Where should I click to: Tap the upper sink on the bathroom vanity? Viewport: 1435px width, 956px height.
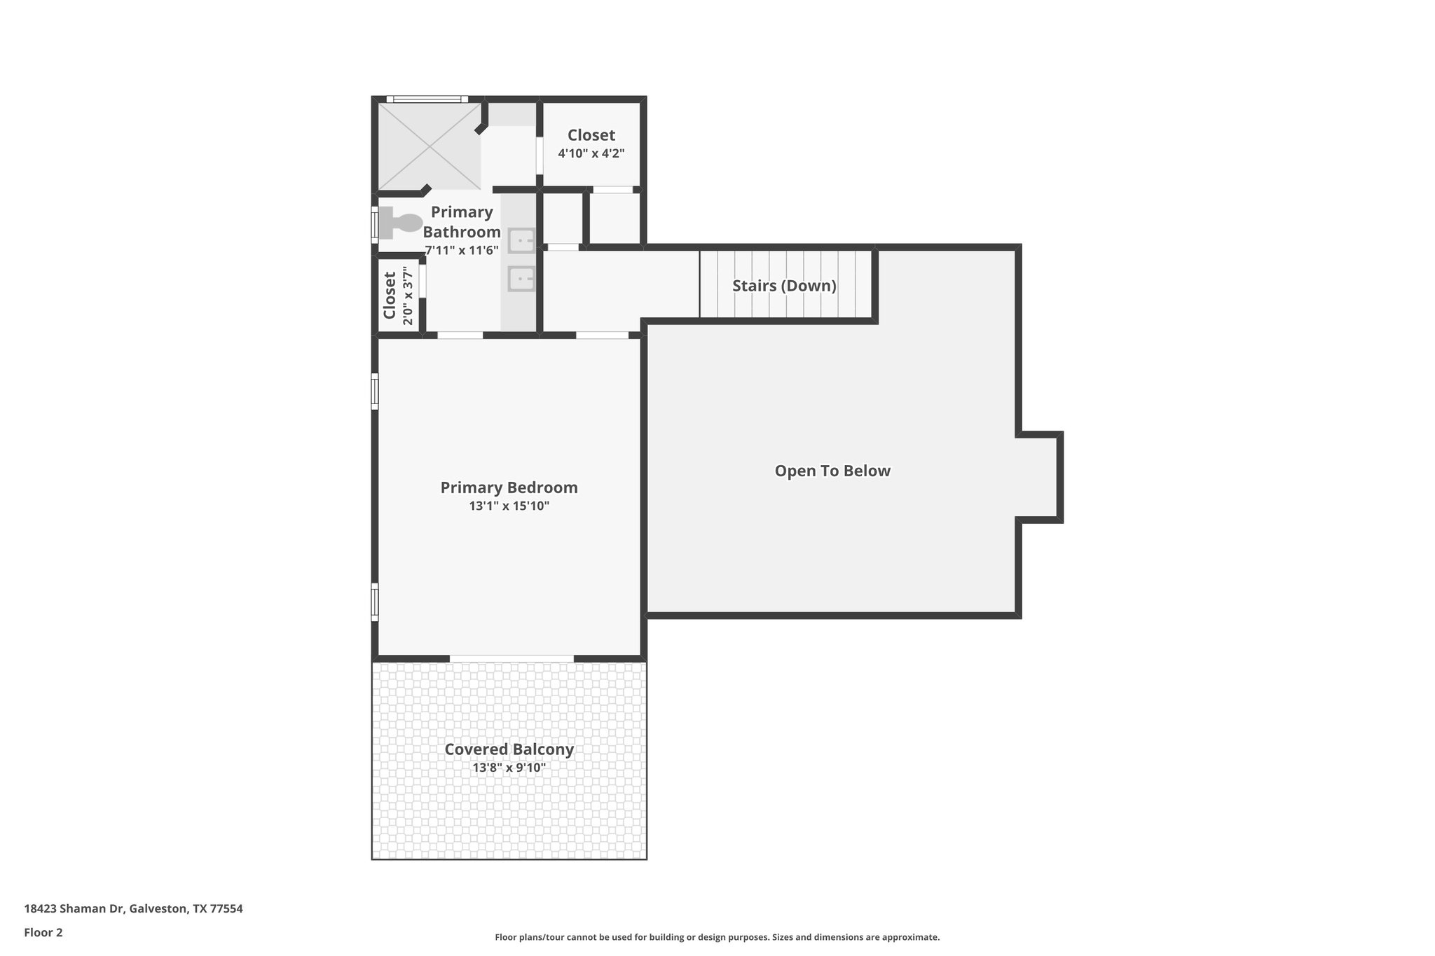(x=521, y=240)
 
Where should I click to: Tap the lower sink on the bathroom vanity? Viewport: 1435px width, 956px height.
(x=521, y=279)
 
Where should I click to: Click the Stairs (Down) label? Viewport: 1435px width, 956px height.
(x=784, y=286)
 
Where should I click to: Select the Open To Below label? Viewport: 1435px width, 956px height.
(x=832, y=471)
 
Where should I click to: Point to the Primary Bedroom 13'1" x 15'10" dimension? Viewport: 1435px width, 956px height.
(x=509, y=506)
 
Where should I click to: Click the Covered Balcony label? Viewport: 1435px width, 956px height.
(x=509, y=749)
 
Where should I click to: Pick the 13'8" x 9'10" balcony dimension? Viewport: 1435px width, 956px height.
(x=509, y=768)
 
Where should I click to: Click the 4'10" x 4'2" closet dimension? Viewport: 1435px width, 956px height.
(x=591, y=153)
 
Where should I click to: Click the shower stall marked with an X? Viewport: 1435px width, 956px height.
(x=430, y=146)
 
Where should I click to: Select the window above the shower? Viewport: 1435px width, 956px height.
(x=427, y=99)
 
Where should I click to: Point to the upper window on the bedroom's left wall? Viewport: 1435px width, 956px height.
(x=375, y=391)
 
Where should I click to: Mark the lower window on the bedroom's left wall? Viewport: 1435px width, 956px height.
(x=375, y=601)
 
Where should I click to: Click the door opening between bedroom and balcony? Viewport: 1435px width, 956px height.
(x=511, y=658)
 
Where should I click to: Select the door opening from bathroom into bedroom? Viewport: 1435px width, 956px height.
(x=460, y=335)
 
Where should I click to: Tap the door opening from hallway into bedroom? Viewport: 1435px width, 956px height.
(x=602, y=335)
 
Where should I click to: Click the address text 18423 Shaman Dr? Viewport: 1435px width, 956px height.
(x=133, y=909)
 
